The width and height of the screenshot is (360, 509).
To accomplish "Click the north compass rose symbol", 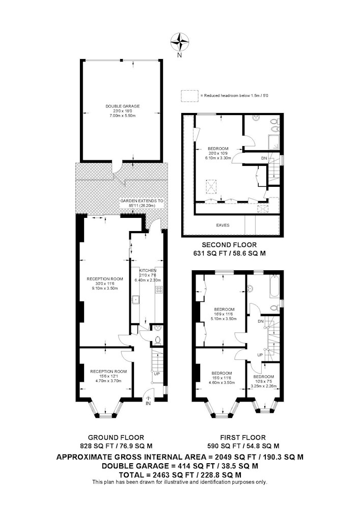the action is coord(179,42).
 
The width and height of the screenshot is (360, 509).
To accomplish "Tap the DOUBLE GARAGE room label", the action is coord(123,106).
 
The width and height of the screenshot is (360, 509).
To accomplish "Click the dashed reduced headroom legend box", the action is coord(189,96).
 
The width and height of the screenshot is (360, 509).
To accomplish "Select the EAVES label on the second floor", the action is coord(223,225).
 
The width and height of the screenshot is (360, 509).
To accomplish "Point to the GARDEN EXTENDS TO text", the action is coord(142,201).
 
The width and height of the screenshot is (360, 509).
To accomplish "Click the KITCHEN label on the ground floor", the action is coord(148,270).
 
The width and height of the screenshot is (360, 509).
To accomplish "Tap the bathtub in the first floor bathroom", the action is coord(274,286).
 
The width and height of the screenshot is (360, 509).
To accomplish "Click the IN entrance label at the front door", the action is coord(148,404).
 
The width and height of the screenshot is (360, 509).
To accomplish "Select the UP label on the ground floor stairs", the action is coord(157,374).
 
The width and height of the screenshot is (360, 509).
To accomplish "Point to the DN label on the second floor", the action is coord(264,158).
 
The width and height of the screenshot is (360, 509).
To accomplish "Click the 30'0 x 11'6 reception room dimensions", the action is coord(105,284).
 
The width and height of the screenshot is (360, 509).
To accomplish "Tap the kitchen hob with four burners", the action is coord(159,290).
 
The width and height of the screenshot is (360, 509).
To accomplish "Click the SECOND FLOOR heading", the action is coord(229,245).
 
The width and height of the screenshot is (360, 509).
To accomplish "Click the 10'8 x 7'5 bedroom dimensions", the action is coord(263,381).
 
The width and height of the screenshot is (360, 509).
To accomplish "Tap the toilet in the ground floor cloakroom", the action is coord(158,340).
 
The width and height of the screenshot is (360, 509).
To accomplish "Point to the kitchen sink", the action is coord(135,299).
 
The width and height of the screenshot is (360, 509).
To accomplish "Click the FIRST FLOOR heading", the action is coord(243,438).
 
